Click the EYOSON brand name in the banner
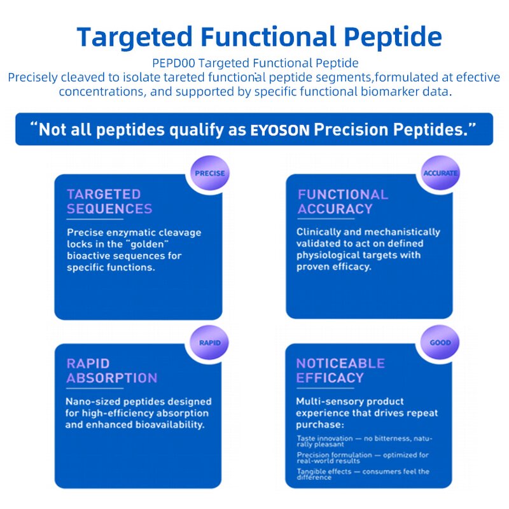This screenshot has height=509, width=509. point(280,130)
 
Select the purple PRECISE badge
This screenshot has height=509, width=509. point(209,173)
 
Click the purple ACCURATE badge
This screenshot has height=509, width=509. point(440,173)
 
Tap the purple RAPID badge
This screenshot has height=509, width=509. point(209,343)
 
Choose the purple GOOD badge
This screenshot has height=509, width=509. point(440,343)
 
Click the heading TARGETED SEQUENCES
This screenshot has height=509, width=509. point(109,202)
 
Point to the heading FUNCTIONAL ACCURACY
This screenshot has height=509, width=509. point(342,202)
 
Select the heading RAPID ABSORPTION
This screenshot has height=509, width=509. point(111,371)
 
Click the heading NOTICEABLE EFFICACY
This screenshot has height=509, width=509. point(340,371)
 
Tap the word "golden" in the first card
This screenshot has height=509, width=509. point(147,244)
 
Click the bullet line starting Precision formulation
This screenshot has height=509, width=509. point(362,457)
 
